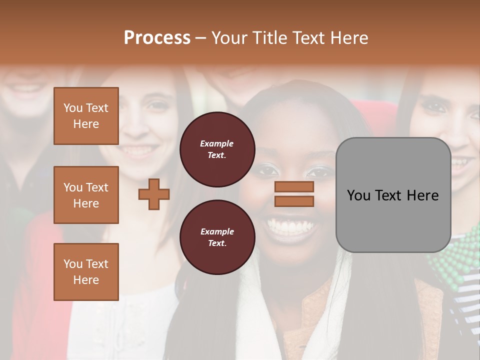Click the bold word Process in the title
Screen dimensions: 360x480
[x=157, y=38]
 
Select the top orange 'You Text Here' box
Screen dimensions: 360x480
[x=86, y=116]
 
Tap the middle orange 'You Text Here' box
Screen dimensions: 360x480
[x=86, y=195]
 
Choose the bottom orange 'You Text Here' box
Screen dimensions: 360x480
[x=86, y=272]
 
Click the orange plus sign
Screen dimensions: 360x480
[x=154, y=194]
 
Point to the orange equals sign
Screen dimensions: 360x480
[x=294, y=194]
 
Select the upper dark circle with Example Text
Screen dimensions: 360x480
[x=217, y=149]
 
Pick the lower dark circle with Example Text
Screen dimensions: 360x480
[x=217, y=237]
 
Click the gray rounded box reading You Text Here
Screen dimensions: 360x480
[x=393, y=195]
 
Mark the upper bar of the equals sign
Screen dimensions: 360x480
[x=294, y=187]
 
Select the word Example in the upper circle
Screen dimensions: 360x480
[x=217, y=144]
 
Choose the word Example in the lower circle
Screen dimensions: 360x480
[x=217, y=232]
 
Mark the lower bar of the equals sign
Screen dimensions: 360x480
[x=294, y=201]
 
